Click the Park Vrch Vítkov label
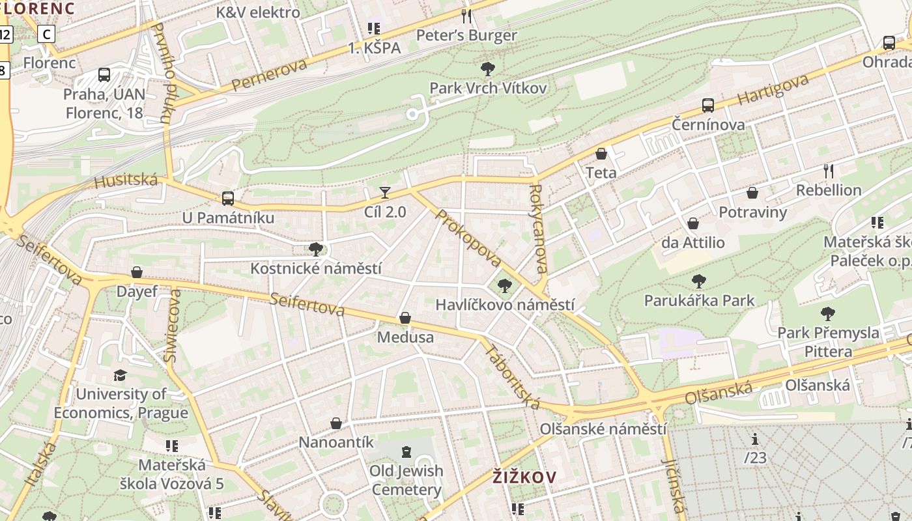(x=488, y=88)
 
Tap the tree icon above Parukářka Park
(x=699, y=281)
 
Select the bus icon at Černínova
(x=708, y=105)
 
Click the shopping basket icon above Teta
(x=601, y=154)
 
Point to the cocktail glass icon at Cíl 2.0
(x=385, y=192)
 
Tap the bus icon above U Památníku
(x=227, y=198)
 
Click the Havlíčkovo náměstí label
(x=505, y=305)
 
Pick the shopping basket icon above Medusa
(x=405, y=318)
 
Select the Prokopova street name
(x=468, y=238)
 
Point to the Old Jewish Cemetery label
(x=406, y=480)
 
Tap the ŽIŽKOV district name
(x=524, y=477)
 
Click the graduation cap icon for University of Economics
(x=120, y=374)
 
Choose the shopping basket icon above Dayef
(x=137, y=272)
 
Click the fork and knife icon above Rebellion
(x=829, y=171)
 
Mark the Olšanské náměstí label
(x=603, y=429)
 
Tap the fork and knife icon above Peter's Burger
(x=466, y=16)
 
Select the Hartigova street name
(x=773, y=90)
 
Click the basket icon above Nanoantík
(x=336, y=423)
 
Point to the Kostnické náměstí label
(x=316, y=268)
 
